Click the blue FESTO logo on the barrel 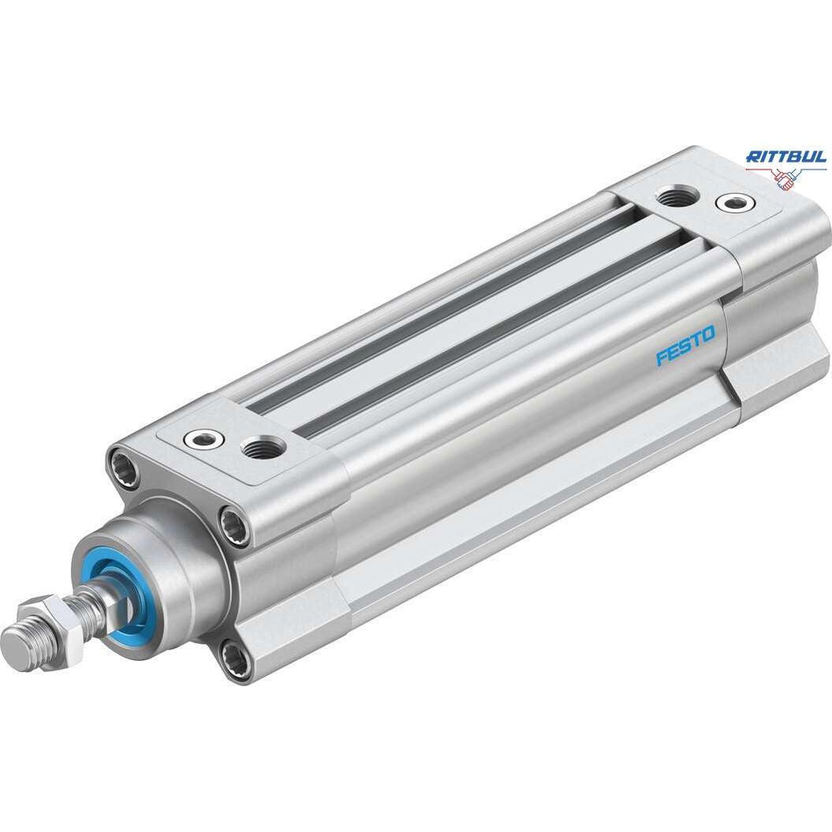coord(685,345)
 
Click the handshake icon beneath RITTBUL coord(786,178)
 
